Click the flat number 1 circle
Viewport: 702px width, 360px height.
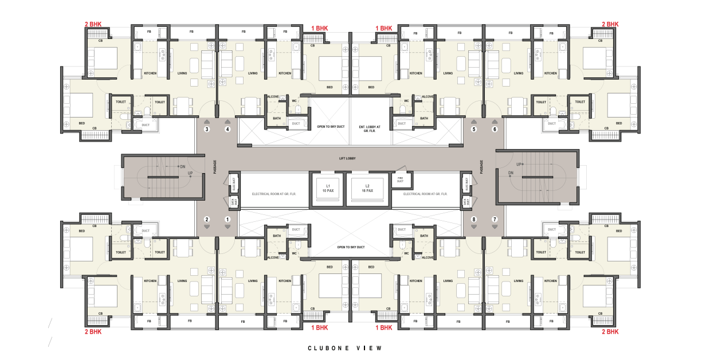pos(228,220)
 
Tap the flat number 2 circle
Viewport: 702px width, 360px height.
pos(207,220)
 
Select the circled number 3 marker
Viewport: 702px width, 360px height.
pos(207,130)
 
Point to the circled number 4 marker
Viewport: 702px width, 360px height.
pos(228,130)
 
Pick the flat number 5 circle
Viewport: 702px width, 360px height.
pos(474,130)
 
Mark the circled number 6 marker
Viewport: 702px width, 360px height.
pos(495,130)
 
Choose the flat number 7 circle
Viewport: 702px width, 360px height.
pos(495,220)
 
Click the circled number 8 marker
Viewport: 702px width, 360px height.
pos(474,220)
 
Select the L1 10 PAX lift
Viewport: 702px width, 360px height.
pos(328,188)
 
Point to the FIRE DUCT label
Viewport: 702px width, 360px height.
pos(399,179)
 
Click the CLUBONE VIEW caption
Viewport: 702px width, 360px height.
pos(344,348)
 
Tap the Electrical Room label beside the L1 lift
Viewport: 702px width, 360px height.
pos(273,194)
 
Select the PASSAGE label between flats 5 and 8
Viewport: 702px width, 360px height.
pos(481,167)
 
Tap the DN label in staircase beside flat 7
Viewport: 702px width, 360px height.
pos(511,173)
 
